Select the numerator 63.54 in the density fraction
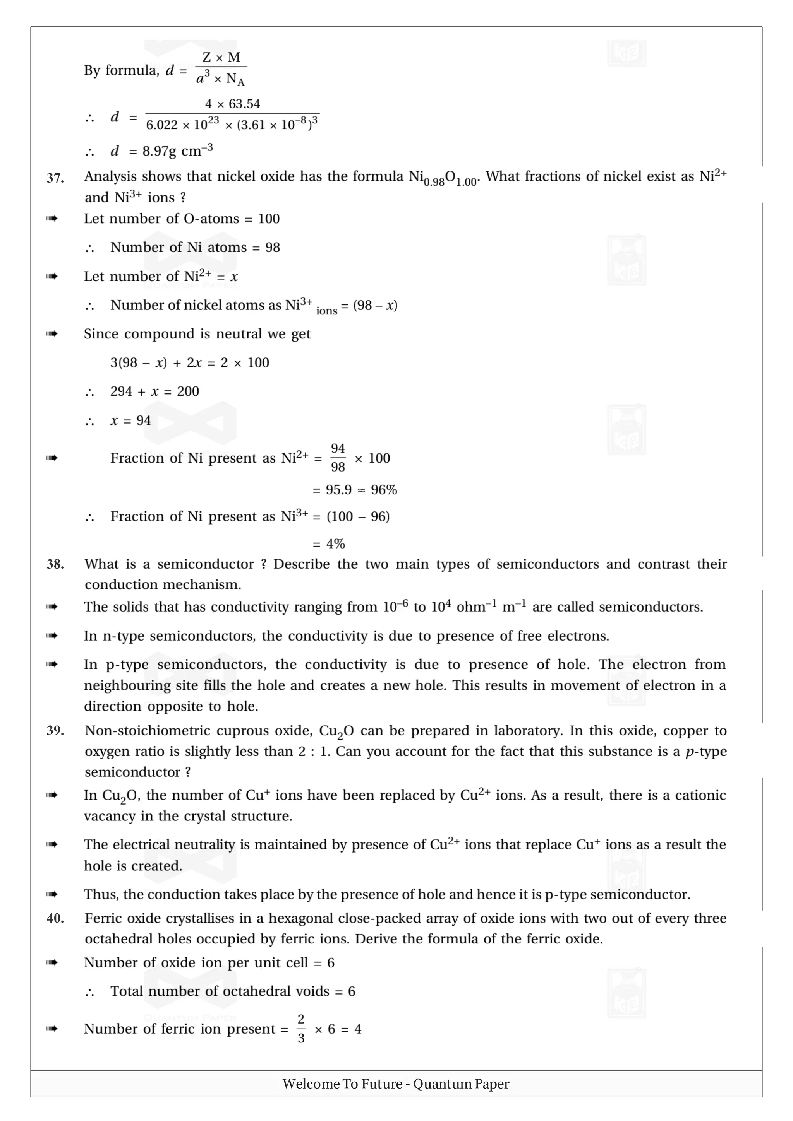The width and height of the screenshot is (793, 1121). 244,104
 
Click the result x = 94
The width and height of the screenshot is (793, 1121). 130,420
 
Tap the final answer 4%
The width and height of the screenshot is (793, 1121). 336,544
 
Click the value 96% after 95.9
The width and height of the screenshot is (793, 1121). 384,490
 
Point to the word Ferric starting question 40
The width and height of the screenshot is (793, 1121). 103,918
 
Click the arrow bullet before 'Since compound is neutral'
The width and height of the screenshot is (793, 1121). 52,334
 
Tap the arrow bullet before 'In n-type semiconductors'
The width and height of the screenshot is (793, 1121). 52,636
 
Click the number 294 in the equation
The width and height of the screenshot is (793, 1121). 121,391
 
